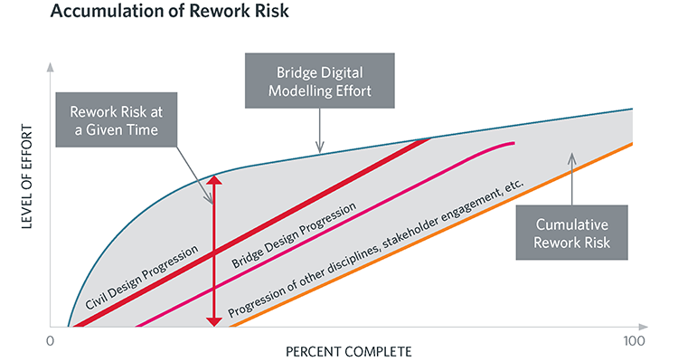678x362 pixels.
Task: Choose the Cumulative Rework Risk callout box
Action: pos(572,233)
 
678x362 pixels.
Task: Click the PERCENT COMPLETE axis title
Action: pos(348,350)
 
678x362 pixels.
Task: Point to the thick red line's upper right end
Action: pos(428,140)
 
